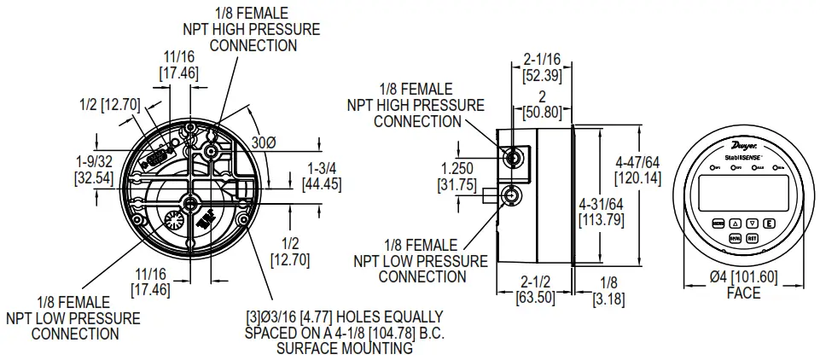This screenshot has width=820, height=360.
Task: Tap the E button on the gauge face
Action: [x=770, y=223]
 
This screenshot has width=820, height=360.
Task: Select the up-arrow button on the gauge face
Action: [x=736, y=223]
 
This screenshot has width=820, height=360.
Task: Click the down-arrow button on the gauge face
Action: [x=753, y=223]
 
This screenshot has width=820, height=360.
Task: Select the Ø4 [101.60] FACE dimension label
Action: [x=742, y=285]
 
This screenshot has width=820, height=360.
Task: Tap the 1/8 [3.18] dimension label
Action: [x=607, y=289]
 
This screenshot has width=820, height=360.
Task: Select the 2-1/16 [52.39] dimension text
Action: [x=541, y=67]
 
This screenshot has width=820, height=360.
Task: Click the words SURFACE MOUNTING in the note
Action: [x=345, y=348]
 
